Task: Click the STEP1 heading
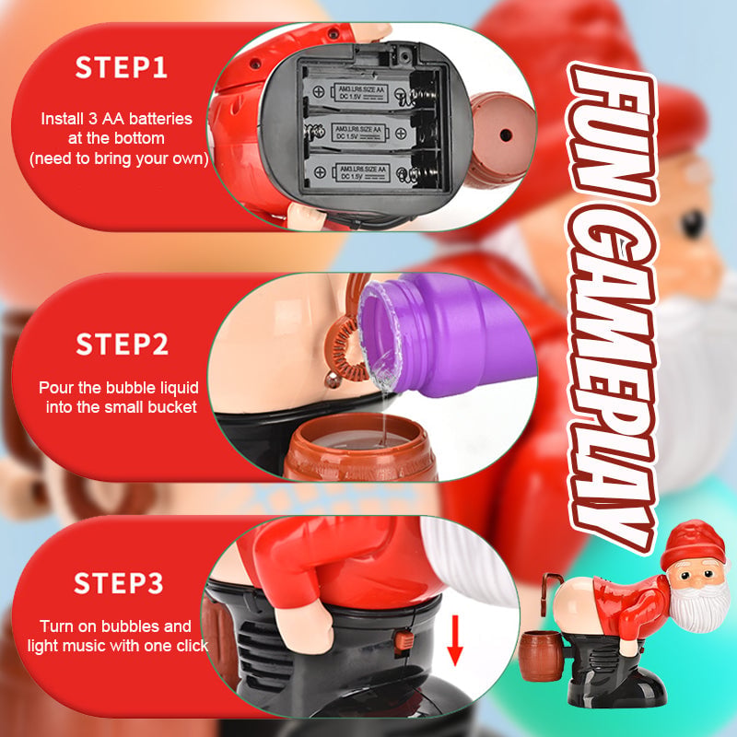point(121,67)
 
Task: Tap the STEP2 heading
point(123,344)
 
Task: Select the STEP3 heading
point(119,583)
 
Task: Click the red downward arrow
point(454,640)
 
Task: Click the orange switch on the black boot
point(404,641)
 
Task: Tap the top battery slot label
point(361,93)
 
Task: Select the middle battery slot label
point(359,133)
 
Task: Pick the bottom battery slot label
point(362,172)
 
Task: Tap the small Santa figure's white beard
point(700,605)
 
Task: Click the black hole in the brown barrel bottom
point(505,135)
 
